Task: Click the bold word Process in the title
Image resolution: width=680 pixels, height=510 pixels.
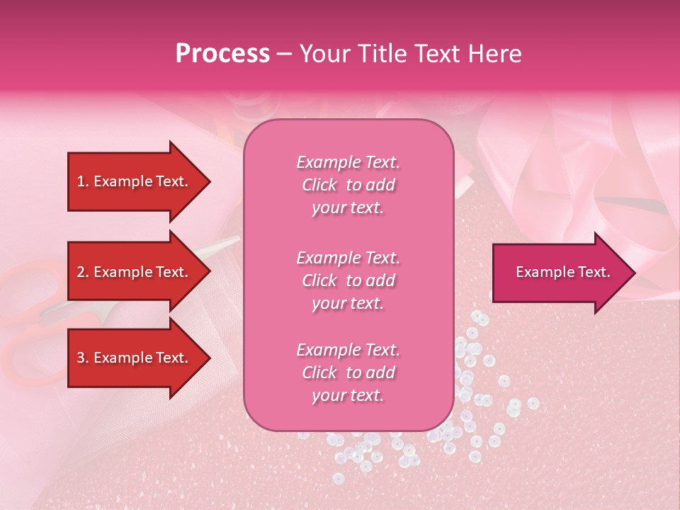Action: (x=222, y=54)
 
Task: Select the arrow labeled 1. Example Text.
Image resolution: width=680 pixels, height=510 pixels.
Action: (x=135, y=181)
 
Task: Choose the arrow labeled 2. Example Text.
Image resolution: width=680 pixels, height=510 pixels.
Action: (x=135, y=272)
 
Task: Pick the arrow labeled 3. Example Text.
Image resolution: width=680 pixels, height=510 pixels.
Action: (x=135, y=358)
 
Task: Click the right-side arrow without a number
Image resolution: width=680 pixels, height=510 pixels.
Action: (x=562, y=273)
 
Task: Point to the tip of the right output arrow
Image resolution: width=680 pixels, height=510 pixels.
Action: (x=634, y=273)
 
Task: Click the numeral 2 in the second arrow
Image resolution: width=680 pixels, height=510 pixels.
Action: (x=81, y=272)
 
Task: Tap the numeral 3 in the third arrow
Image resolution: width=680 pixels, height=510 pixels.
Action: (x=81, y=358)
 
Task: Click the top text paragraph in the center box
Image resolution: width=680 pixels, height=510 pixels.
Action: (x=348, y=185)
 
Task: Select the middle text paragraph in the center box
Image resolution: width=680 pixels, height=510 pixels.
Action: (x=348, y=280)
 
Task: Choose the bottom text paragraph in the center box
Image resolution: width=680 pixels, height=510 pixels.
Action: (x=348, y=373)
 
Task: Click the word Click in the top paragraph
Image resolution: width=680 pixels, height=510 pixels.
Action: (x=319, y=185)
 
